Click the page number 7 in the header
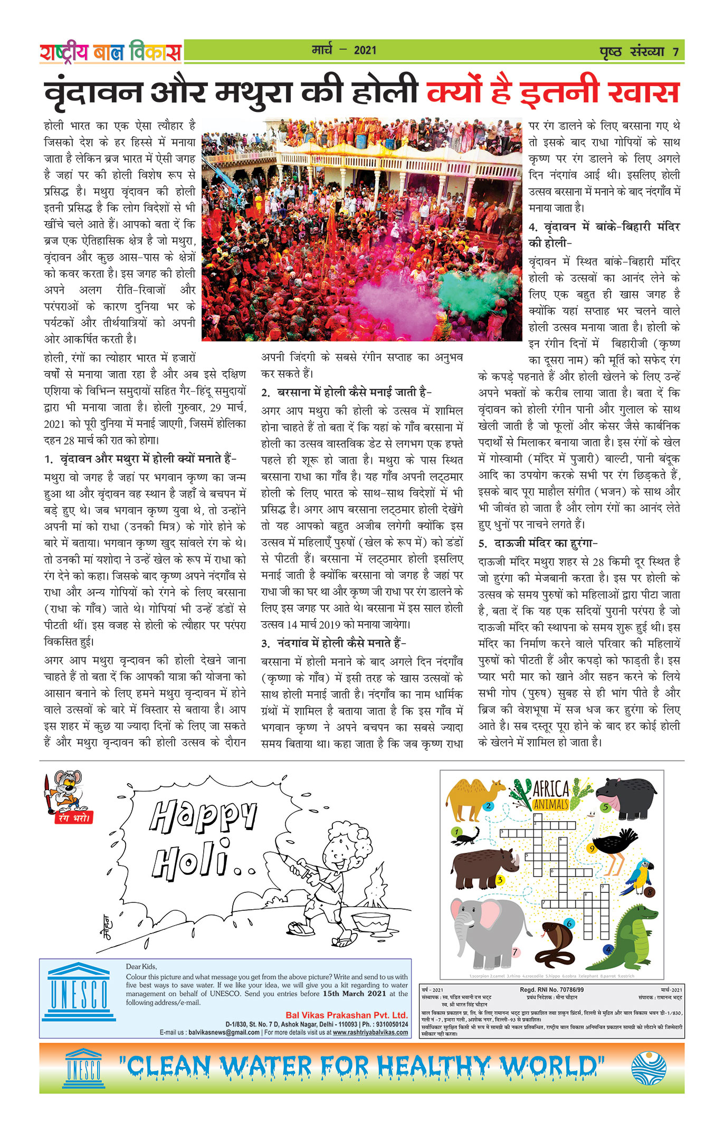(x=675, y=52)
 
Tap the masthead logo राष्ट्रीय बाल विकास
(x=110, y=52)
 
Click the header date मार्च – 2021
(x=344, y=50)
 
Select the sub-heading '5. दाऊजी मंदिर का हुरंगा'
(x=538, y=543)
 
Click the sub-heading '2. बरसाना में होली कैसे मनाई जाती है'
(x=346, y=392)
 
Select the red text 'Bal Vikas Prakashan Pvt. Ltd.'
(x=346, y=1015)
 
